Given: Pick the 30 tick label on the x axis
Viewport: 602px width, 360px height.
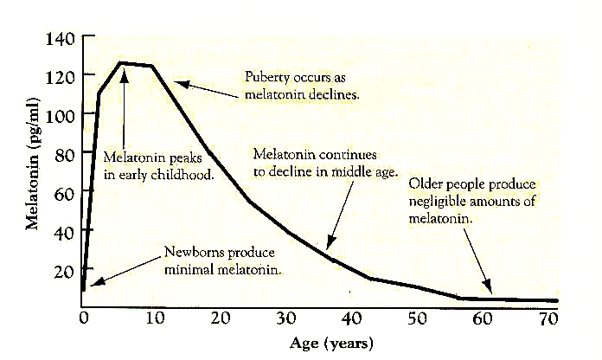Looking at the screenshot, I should pos(289,319).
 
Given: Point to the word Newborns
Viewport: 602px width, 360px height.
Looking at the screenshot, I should pos(192,253).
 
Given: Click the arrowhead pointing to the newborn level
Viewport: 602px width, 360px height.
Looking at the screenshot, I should pos(93,283).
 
